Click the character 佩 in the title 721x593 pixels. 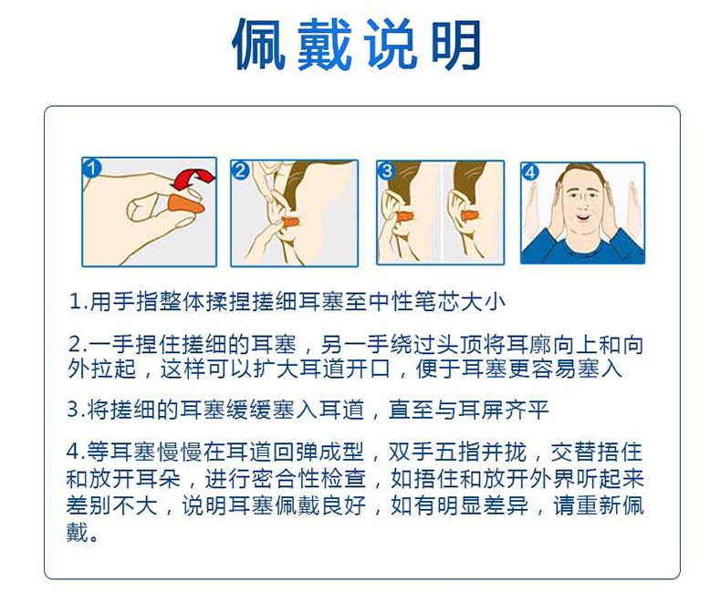(x=259, y=45)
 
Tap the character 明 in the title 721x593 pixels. (x=456, y=45)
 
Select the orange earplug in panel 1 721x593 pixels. (x=185, y=203)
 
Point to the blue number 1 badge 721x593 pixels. (x=91, y=168)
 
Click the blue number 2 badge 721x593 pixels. (x=241, y=171)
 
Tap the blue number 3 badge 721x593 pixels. (x=386, y=171)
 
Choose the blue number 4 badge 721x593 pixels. (x=530, y=172)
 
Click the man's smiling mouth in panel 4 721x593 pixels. (x=582, y=216)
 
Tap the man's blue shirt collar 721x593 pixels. (x=583, y=246)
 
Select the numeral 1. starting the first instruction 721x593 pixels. (x=78, y=302)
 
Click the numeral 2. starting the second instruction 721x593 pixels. (x=77, y=344)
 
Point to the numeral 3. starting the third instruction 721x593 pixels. (x=76, y=409)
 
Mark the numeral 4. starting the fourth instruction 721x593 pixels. (x=76, y=452)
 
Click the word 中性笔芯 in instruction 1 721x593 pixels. (x=414, y=302)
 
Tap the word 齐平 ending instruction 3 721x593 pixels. (x=526, y=409)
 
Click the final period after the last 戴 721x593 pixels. (x=93, y=537)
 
